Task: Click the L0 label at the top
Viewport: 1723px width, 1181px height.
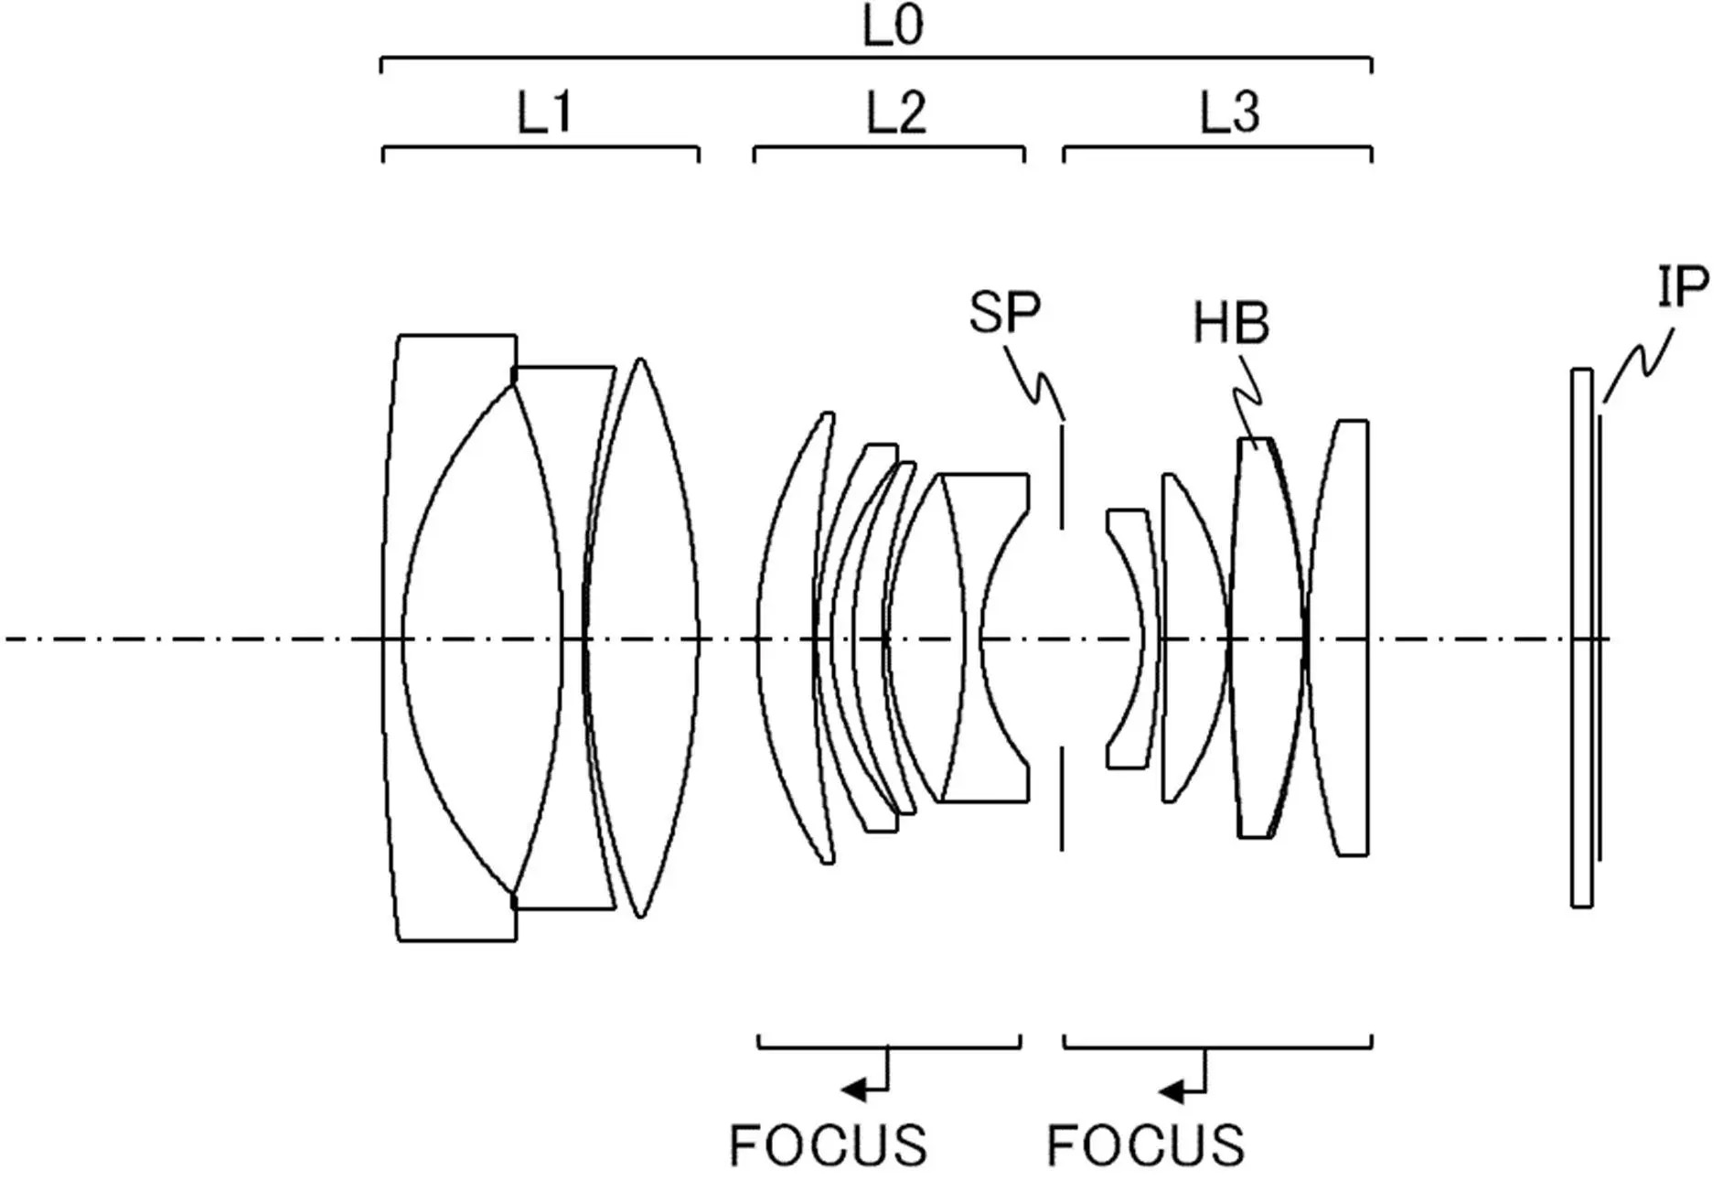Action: click(x=894, y=26)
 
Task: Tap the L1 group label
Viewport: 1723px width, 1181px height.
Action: click(x=545, y=113)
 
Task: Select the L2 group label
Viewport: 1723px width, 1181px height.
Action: click(x=896, y=113)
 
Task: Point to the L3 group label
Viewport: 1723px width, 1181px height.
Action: click(x=1230, y=113)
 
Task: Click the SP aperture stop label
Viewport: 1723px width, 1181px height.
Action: click(x=1005, y=313)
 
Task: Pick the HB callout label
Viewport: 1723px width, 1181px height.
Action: click(x=1231, y=323)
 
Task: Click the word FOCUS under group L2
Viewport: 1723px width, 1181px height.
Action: click(x=828, y=1144)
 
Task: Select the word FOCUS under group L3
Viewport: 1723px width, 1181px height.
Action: click(x=1145, y=1144)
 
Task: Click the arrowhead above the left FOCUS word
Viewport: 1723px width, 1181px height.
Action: click(x=853, y=1090)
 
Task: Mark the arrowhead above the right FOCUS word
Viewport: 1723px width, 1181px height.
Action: click(x=1171, y=1090)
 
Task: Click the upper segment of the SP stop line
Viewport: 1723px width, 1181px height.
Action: click(x=1062, y=475)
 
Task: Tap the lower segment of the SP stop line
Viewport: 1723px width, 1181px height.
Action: click(x=1062, y=799)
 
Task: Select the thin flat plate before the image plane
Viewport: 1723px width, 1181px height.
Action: click(x=1581, y=638)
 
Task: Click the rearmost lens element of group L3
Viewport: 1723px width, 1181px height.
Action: click(x=1337, y=638)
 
